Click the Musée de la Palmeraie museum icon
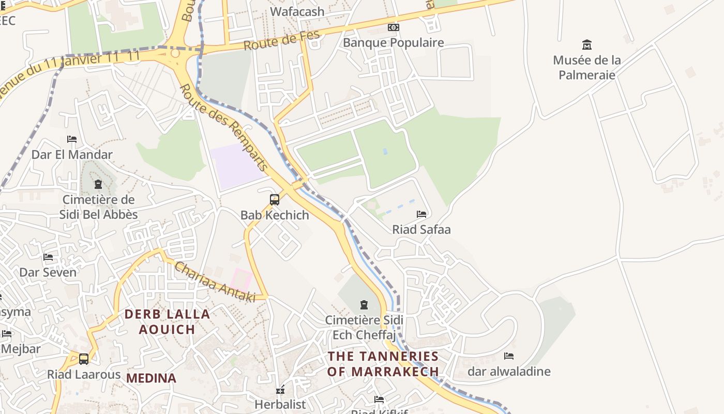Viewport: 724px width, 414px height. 586,45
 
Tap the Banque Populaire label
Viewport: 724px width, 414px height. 393,42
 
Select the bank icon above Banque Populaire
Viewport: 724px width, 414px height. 394,27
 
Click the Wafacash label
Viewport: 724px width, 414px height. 297,11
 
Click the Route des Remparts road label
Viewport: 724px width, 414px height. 224,127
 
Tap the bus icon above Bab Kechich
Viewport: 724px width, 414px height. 275,200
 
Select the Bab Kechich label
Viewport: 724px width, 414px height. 275,215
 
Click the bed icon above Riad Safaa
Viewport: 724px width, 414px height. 421,214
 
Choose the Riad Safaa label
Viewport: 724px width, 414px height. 421,229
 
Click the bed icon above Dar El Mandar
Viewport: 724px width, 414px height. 72,139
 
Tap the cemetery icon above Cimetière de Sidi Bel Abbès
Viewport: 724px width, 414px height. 98,184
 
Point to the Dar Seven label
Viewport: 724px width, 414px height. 48,272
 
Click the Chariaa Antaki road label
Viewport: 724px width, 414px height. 215,282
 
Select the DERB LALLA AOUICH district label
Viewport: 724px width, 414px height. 167,321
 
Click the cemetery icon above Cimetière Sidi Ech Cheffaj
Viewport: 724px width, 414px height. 364,304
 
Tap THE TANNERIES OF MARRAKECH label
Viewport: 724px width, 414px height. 383,364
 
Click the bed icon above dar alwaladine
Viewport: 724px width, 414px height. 509,356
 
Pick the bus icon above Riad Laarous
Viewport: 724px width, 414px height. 84,359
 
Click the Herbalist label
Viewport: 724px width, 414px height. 280,404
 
